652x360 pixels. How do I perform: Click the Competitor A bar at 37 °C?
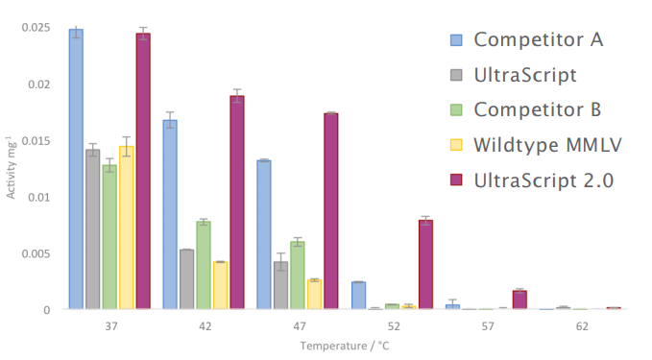[x=76, y=169]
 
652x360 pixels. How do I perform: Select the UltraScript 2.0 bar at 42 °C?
[x=237, y=202]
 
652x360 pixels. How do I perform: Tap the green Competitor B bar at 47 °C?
[x=298, y=276]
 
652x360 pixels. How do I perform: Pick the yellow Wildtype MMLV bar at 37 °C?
[x=127, y=228]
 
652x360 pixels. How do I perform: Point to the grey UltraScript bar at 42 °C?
[x=186, y=279]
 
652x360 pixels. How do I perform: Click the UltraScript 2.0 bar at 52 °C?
[x=425, y=264]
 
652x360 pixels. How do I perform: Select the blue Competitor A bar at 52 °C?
[x=358, y=295]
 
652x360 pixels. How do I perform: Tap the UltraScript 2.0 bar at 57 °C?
[x=519, y=300]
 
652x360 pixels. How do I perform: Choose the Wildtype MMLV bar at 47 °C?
[x=314, y=295]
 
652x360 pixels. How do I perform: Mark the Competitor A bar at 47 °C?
[x=264, y=234]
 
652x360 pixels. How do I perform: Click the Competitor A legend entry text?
[x=539, y=40]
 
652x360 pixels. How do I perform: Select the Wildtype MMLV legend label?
[x=547, y=145]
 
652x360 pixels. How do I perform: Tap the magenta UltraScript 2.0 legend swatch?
[x=456, y=180]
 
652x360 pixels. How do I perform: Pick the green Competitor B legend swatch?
[x=456, y=109]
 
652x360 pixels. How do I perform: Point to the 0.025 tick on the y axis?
[x=36, y=28]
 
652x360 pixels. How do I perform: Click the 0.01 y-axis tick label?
[x=39, y=197]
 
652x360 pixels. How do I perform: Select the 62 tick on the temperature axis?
[x=582, y=326]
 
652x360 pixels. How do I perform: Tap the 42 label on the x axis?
[x=205, y=326]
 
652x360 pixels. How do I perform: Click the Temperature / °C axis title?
[x=345, y=346]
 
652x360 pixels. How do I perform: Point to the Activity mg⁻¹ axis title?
[x=11, y=167]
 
